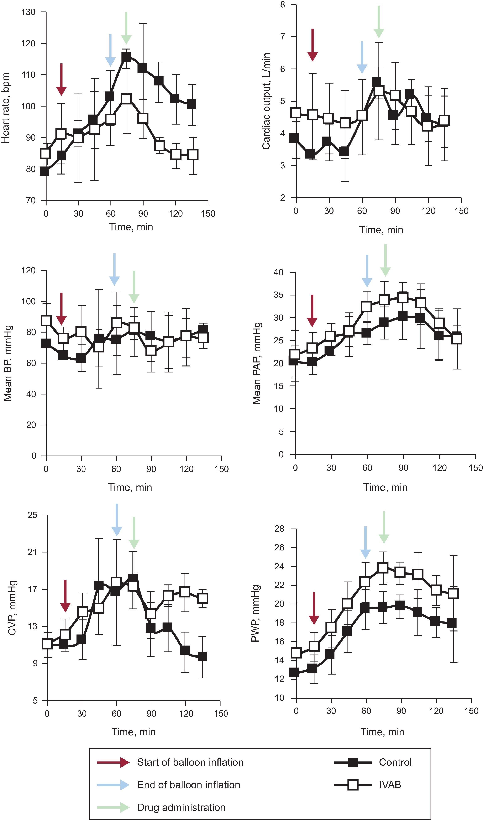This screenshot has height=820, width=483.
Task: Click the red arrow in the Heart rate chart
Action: (x=61, y=80)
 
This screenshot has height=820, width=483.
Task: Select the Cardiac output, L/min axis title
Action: (x=266, y=101)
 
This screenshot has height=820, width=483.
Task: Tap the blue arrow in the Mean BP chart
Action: (x=114, y=269)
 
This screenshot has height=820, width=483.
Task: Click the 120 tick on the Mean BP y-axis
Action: (x=29, y=270)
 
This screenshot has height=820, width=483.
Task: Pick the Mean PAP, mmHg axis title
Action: (x=257, y=363)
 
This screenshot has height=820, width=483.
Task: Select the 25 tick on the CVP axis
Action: (x=33, y=515)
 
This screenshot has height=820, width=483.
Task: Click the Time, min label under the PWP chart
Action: (x=382, y=732)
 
